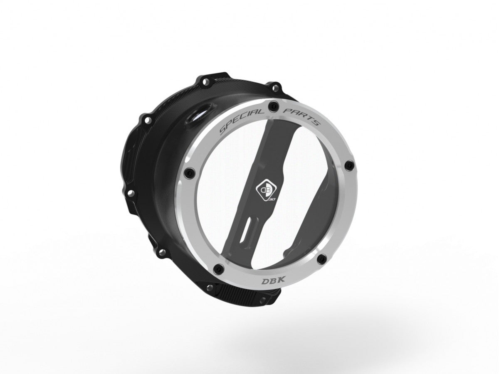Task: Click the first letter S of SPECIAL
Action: tap(222, 130)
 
